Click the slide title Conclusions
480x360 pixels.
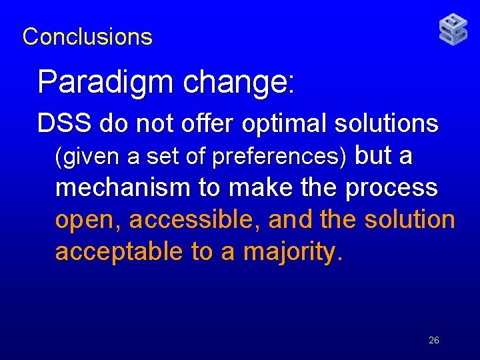click(87, 37)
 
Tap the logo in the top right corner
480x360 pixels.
click(453, 30)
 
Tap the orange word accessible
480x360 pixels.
click(194, 220)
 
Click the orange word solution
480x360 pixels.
click(409, 220)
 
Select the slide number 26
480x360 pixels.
click(434, 341)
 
